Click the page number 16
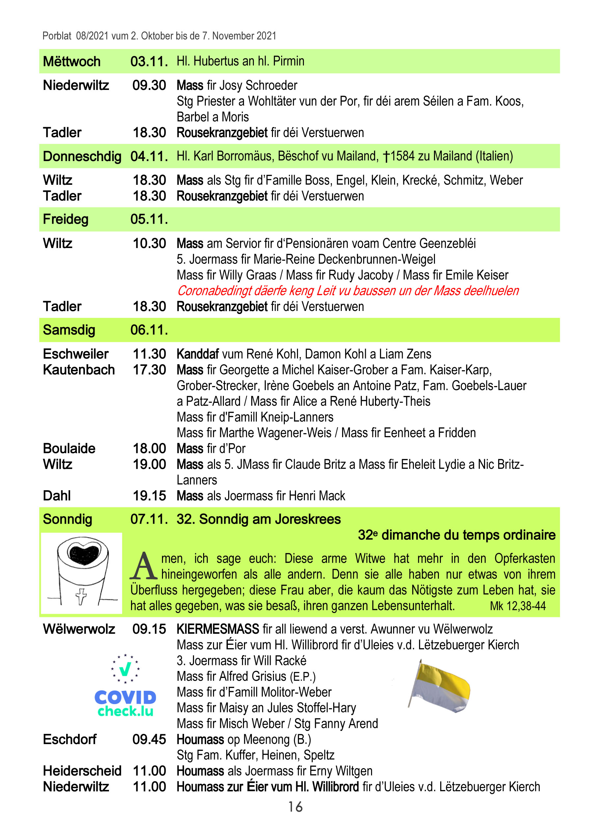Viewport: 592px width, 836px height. [295, 806]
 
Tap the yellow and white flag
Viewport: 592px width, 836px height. [440, 687]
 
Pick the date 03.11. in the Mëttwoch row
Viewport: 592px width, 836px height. [149, 62]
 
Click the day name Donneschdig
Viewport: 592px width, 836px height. [82, 156]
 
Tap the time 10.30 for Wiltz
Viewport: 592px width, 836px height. [149, 243]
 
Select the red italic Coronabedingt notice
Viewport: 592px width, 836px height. [348, 291]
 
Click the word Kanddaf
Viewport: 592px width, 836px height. [198, 354]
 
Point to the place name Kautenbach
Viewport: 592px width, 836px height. [79, 370]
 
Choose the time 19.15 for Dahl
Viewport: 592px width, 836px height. [149, 496]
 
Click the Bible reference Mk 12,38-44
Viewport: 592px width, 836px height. [518, 606]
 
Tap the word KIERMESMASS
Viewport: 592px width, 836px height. [218, 629]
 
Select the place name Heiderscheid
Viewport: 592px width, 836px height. [82, 771]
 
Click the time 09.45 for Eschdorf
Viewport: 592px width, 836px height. [149, 739]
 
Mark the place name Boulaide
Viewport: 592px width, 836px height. [69, 448]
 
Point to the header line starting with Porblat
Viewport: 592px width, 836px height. [159, 36]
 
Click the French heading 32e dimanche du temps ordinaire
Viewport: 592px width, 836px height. [456, 535]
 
